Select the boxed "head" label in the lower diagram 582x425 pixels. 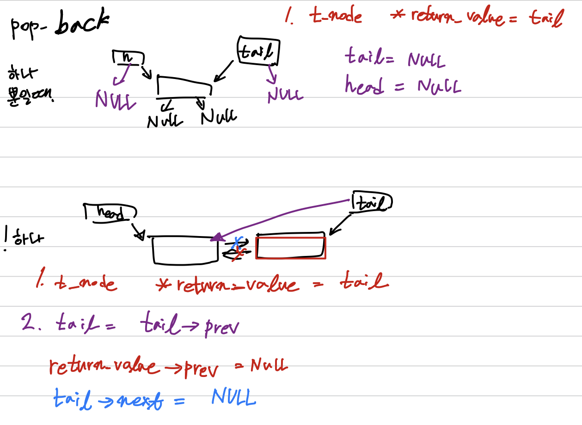point(110,212)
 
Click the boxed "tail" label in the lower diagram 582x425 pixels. point(372,202)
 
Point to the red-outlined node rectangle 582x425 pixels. point(291,248)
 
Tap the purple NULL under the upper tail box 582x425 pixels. point(285,95)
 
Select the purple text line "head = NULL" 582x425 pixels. point(402,85)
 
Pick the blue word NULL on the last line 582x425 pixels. point(233,397)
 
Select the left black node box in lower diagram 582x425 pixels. point(185,250)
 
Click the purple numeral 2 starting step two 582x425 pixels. point(28,322)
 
